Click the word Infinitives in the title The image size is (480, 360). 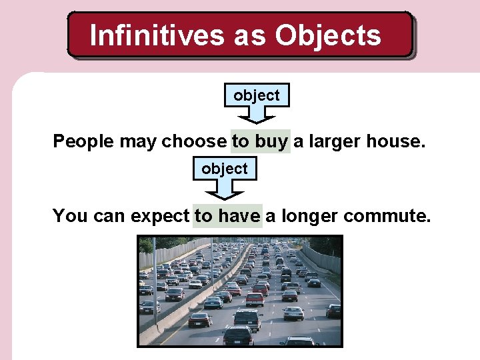(157, 35)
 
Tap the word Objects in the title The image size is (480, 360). (328, 35)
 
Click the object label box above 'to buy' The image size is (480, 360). (257, 96)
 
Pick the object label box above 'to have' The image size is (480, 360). (225, 169)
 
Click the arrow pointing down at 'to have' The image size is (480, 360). (225, 191)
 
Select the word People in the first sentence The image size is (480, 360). (83, 141)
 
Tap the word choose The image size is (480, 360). (194, 141)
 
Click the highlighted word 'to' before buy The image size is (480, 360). (240, 141)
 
